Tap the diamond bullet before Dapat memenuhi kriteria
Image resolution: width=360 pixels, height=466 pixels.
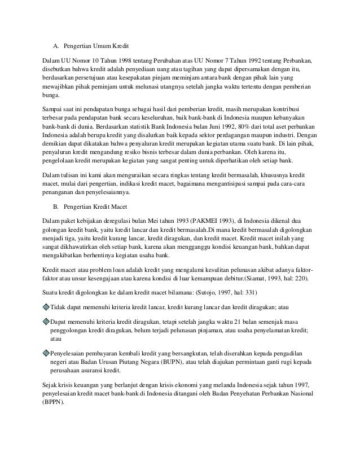pos(46,321)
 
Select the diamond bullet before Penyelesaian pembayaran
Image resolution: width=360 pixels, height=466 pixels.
pos(46,351)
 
